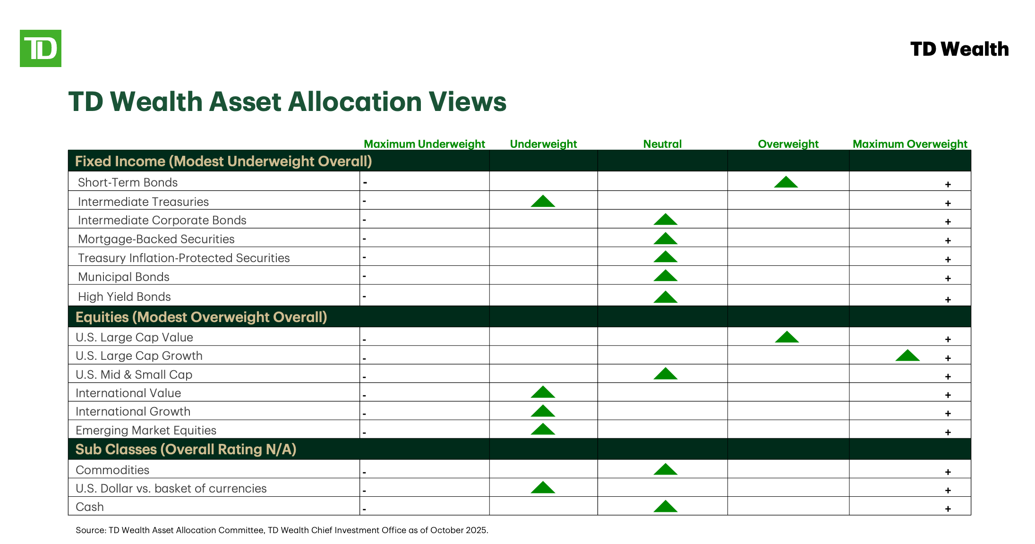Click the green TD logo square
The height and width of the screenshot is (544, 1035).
click(41, 48)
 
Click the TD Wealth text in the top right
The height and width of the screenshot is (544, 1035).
click(959, 49)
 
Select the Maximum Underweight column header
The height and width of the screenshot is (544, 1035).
click(424, 144)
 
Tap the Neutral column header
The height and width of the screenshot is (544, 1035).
click(662, 144)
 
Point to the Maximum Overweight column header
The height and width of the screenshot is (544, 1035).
click(910, 144)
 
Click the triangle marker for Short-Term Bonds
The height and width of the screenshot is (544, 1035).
click(786, 182)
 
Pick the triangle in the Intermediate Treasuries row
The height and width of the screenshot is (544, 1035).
click(543, 202)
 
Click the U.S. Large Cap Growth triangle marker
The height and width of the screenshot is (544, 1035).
click(907, 356)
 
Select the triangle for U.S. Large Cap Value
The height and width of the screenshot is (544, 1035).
click(787, 337)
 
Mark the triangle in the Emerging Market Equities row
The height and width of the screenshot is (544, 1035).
click(543, 429)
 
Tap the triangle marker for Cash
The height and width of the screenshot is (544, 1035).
click(665, 507)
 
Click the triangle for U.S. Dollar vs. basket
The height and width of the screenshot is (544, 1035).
click(543, 488)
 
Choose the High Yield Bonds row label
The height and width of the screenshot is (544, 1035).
click(124, 297)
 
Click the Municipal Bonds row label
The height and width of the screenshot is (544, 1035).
click(124, 277)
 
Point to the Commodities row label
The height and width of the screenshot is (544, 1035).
click(112, 470)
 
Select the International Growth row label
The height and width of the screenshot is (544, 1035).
click(133, 411)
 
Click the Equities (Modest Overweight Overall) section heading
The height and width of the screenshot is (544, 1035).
click(201, 317)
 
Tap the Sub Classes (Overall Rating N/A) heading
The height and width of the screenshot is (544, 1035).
click(186, 449)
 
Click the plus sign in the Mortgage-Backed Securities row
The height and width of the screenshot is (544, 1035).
click(948, 241)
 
